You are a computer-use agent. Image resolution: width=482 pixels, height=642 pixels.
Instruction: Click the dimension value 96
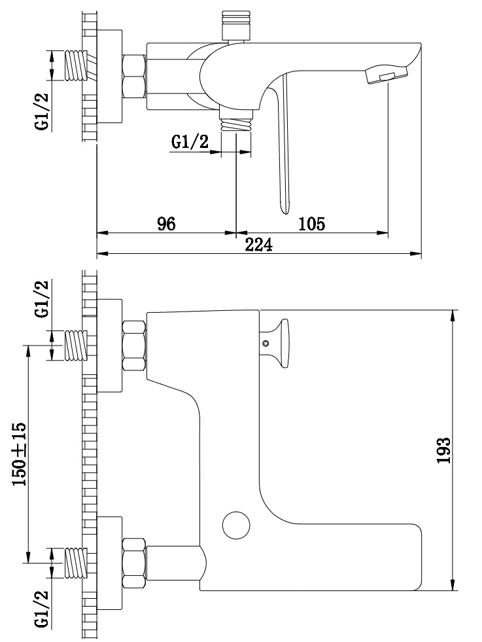tap(167, 224)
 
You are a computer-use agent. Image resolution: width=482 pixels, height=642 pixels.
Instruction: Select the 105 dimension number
tap(312, 224)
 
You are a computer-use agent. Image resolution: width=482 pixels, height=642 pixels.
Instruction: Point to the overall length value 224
tap(258, 245)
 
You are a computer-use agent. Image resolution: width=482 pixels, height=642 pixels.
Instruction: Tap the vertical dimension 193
tap(443, 450)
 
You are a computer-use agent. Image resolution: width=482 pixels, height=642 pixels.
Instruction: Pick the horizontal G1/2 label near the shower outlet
tap(190, 141)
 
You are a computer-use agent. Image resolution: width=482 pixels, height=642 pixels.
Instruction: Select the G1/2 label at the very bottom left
tap(41, 609)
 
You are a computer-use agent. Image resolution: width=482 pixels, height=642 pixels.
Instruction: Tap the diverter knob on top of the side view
tap(235, 26)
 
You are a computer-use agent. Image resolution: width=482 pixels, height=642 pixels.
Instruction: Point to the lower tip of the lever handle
tap(284, 209)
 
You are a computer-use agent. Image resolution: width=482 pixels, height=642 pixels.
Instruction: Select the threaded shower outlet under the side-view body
tap(235, 124)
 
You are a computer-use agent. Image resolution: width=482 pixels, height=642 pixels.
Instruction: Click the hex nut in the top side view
tap(135, 77)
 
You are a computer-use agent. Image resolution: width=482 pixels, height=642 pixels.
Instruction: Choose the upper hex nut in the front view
tap(135, 346)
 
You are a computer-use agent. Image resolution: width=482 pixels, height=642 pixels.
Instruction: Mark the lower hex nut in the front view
tap(135, 563)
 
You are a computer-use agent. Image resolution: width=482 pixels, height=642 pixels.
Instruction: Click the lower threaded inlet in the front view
tap(76, 563)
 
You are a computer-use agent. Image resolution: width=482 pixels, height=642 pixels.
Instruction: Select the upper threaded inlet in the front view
tap(76, 346)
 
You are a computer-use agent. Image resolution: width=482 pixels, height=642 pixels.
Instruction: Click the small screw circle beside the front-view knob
tap(266, 344)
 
